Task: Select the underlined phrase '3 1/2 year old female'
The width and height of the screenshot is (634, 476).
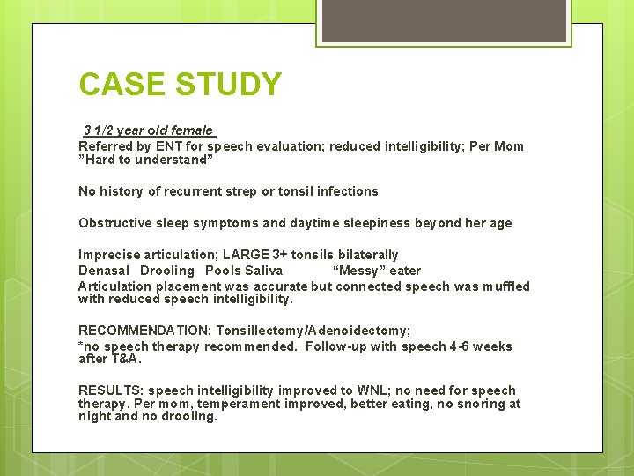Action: tap(148, 130)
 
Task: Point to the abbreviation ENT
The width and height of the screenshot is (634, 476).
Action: tap(169, 146)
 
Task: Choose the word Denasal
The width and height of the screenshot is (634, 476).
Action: tap(104, 271)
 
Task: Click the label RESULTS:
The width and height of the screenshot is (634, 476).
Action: tap(111, 390)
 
